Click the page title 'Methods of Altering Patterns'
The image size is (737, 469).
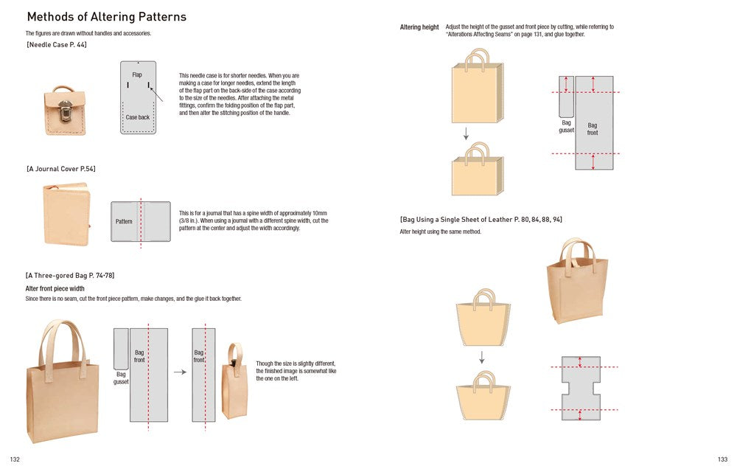click(x=106, y=17)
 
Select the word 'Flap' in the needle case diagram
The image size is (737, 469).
click(x=137, y=75)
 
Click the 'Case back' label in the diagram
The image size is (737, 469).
click(x=137, y=117)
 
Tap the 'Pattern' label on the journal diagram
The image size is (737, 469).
click(x=124, y=221)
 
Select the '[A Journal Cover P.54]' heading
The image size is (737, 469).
click(x=61, y=169)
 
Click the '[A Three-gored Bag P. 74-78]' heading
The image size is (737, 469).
click(x=70, y=275)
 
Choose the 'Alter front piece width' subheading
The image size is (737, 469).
click(x=55, y=288)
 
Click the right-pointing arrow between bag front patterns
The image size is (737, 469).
click(x=180, y=372)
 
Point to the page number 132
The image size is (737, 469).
click(x=15, y=459)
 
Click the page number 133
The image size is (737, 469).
click(x=722, y=459)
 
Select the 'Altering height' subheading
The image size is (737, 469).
click(x=419, y=27)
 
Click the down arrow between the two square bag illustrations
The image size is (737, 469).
click(x=467, y=133)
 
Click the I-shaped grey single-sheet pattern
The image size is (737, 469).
click(x=581, y=388)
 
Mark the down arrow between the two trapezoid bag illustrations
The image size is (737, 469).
click(x=482, y=357)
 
